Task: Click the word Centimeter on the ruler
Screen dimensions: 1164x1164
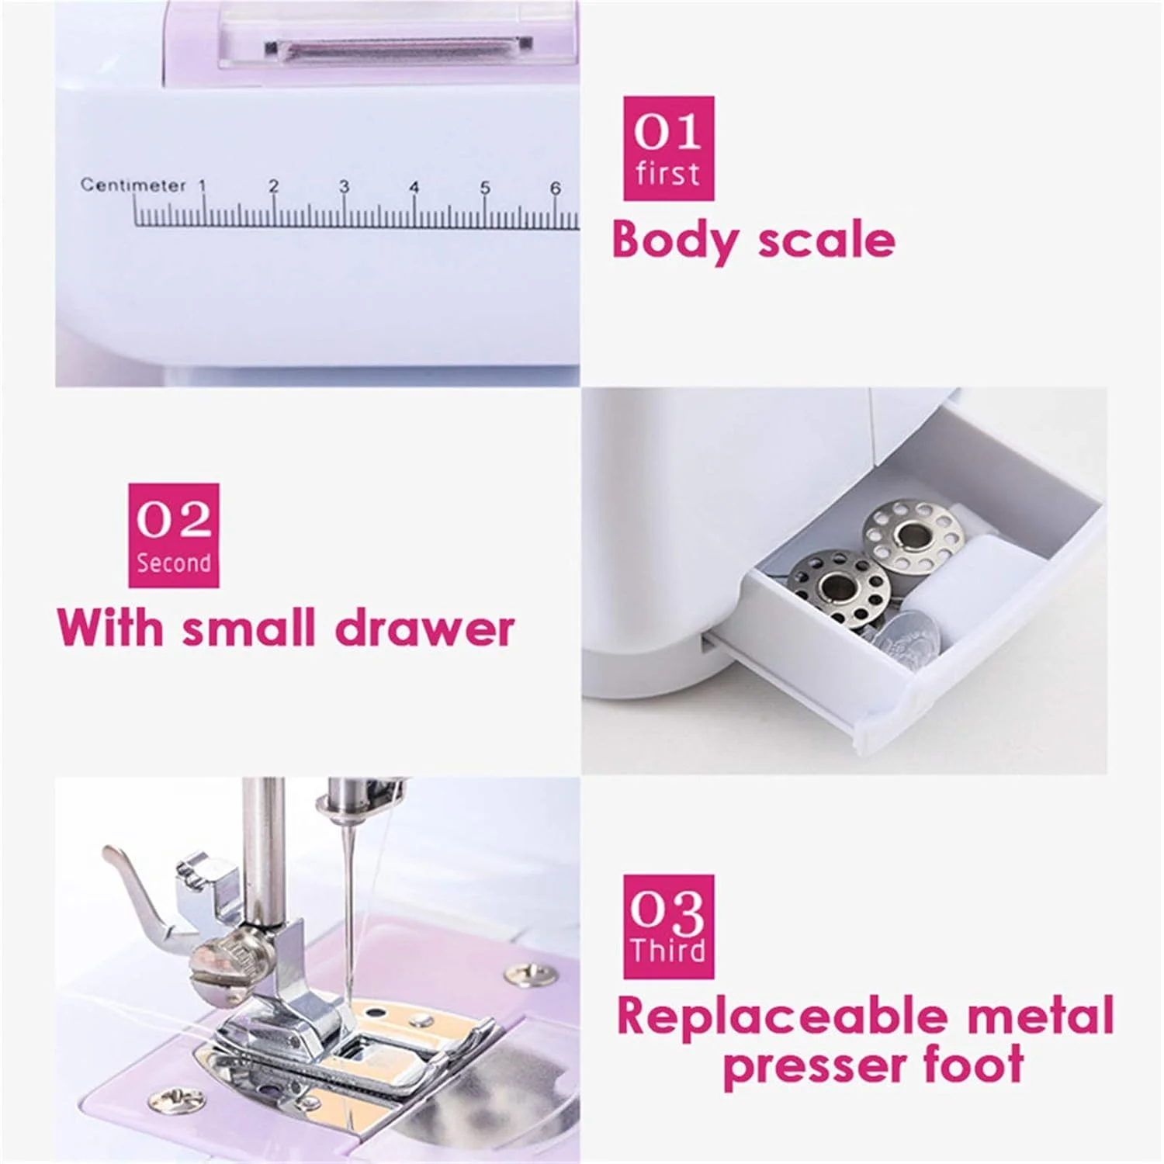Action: tap(133, 185)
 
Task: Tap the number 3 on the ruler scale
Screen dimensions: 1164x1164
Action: tap(344, 186)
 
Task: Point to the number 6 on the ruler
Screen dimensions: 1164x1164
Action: tap(555, 187)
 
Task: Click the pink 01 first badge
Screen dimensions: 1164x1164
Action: tap(668, 149)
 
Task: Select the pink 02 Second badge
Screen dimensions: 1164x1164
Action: tap(174, 535)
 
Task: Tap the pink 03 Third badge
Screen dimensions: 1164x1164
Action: tap(668, 927)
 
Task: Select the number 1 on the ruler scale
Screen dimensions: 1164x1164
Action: tap(203, 185)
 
